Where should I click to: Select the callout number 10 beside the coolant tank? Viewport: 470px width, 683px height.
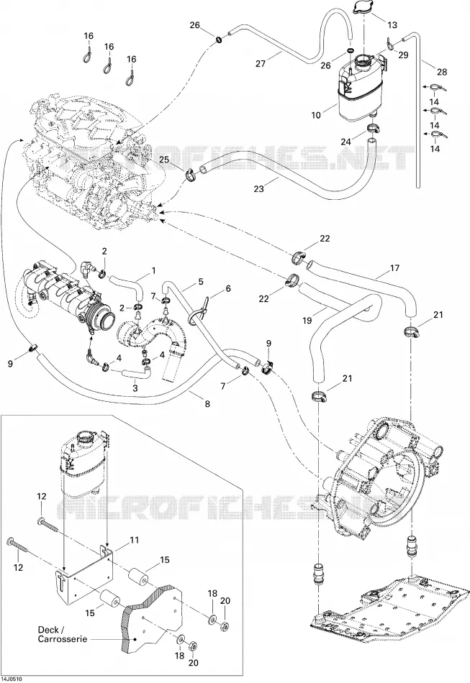click(316, 115)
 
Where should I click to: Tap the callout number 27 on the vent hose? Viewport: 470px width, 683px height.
click(261, 63)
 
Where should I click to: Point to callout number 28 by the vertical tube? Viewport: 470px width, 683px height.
click(442, 72)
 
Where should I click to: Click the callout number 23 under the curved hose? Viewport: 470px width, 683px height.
click(259, 188)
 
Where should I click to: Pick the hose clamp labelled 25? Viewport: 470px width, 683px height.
click(191, 174)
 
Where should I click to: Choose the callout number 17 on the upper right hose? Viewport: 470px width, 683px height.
click(394, 268)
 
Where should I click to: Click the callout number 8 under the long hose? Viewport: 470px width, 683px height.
click(207, 404)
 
